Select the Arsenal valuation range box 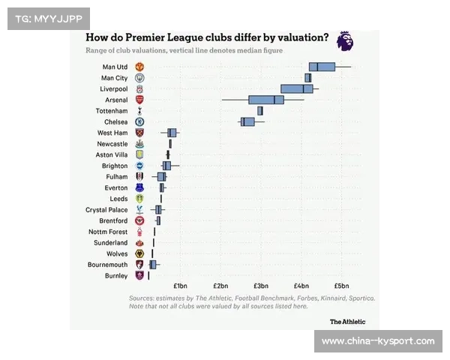(266, 100)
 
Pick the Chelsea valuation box (247, 121)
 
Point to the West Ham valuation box (172, 133)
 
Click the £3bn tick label (260, 286)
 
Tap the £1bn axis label (180, 286)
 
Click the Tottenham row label (112, 111)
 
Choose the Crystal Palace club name (106, 210)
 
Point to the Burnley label (116, 276)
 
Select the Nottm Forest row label (108, 232)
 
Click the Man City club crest (139, 78)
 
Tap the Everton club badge (139, 187)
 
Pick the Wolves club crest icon (139, 254)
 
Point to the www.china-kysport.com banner (378, 341)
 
